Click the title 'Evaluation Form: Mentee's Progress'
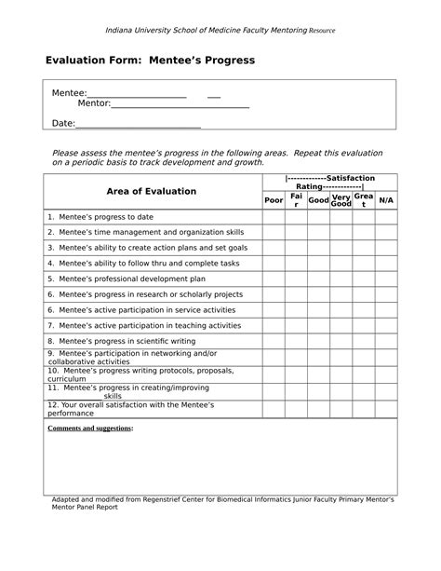(150, 61)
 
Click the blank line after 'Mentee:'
(137, 94)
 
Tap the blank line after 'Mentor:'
(180, 104)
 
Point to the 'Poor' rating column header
(274, 200)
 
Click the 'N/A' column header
(386, 200)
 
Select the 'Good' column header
(318, 200)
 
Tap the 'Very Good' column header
(341, 200)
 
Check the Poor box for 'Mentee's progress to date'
(274, 217)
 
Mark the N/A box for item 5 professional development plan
(386, 279)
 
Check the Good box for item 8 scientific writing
(318, 342)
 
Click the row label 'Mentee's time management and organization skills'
(146, 232)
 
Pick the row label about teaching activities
(144, 326)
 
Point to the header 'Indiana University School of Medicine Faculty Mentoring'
(219, 30)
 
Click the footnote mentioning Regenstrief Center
(222, 504)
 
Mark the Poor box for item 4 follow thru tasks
(274, 264)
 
